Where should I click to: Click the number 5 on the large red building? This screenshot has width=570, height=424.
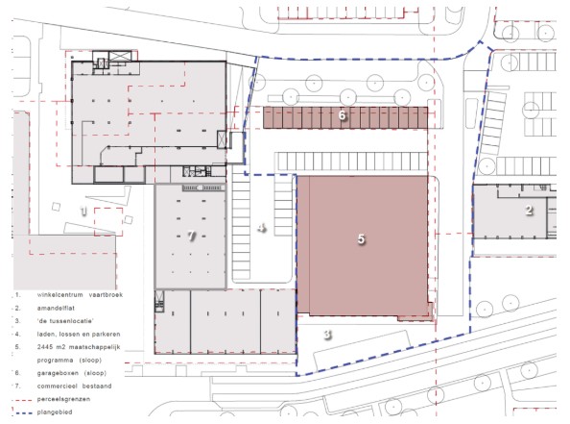coord(361,239)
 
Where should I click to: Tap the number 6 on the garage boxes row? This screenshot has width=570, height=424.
coord(342,115)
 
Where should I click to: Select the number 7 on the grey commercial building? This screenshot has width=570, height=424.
coord(192,237)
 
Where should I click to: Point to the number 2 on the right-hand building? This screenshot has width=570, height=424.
coord(529,210)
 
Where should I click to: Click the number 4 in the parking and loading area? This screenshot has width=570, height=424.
coord(262,228)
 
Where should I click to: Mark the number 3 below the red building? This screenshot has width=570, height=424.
coord(327,334)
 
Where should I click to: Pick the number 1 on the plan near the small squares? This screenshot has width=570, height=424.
coord(84,211)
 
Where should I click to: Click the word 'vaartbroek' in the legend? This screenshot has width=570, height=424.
coord(106,295)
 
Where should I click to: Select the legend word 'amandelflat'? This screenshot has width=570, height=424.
coord(56,308)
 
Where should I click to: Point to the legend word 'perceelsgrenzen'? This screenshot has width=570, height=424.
coord(63,399)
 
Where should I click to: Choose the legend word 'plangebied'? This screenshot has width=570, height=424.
coord(55,412)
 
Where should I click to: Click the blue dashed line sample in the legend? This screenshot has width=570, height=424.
coord(20,412)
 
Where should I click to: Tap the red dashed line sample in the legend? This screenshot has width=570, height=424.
coord(20,400)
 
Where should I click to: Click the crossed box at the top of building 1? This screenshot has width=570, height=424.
coord(119,56)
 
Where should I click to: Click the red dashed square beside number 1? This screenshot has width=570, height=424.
coord(108,222)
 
